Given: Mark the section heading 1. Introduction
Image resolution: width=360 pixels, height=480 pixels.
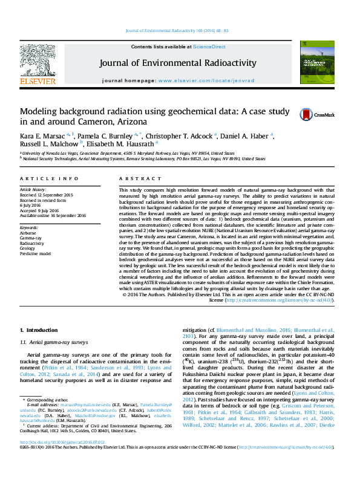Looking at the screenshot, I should (x=39, y=330).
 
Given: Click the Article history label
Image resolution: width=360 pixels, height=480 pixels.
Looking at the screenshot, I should (x=33, y=190).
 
